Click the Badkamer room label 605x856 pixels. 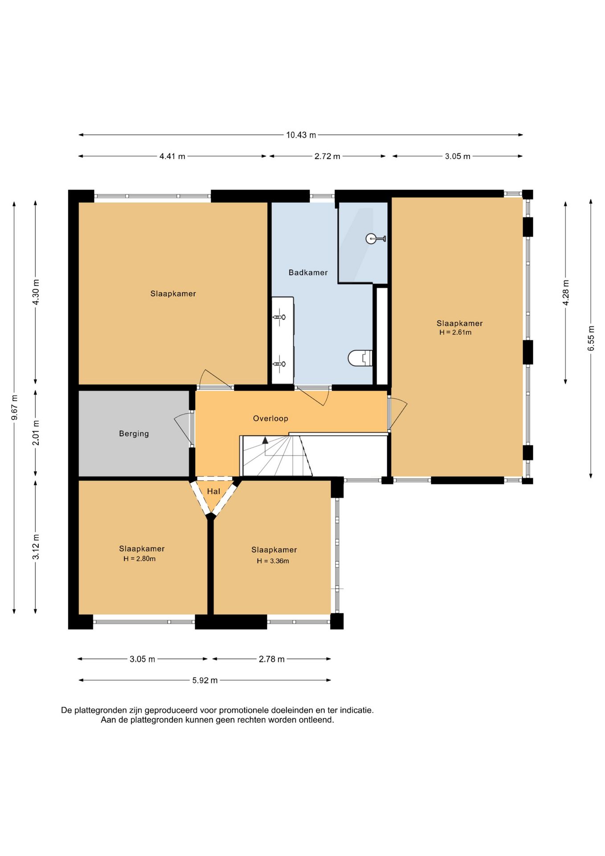tap(308, 272)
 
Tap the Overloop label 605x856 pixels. tap(270, 418)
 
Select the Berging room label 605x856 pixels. tap(134, 433)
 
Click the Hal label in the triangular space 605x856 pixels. tap(213, 491)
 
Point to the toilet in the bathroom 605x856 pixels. tap(360, 358)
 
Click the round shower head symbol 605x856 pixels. tap(371, 239)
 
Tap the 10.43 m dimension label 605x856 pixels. tap(301, 135)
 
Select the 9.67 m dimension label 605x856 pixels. tap(14, 407)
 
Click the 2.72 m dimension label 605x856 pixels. tap(327, 156)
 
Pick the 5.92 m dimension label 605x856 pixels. tap(205, 680)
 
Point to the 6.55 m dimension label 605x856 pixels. tap(591, 338)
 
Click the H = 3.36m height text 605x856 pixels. tap(273, 561)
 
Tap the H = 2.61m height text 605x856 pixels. tap(455, 332)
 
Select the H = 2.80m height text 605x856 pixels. tap(139, 559)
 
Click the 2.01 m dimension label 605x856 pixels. tap(36, 432)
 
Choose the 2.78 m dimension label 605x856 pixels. tap(272, 659)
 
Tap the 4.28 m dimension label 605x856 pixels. tap(566, 292)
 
